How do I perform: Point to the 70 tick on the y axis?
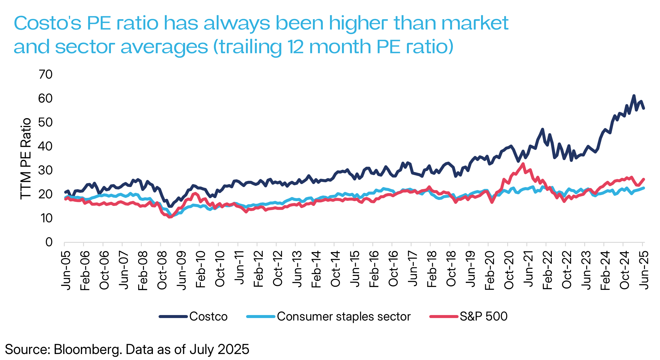46,74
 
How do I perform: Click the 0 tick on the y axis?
49,242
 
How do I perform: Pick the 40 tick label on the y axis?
46,146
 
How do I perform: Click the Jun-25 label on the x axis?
644,270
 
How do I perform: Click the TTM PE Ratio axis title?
26,159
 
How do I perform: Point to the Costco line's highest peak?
634,96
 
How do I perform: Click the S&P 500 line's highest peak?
523,164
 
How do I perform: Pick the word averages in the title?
164,47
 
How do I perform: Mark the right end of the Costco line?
644,108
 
